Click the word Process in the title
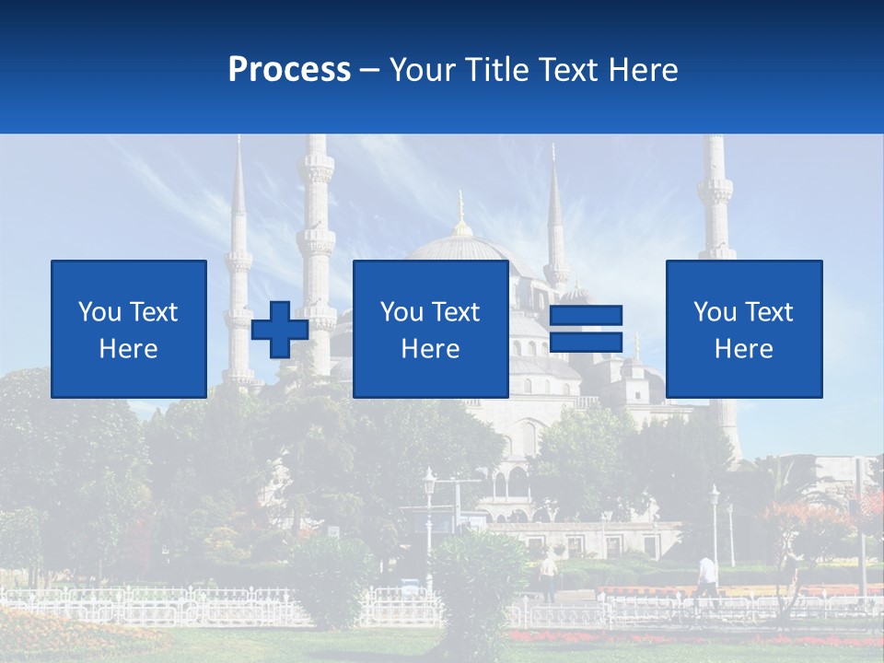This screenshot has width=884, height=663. [289, 70]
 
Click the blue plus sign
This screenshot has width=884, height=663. [280, 329]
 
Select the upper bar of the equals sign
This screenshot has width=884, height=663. [587, 315]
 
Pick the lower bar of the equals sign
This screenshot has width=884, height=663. [587, 342]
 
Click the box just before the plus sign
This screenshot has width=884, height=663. [129, 329]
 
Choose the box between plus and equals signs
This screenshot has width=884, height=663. [431, 329]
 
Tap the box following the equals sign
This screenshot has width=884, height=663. [744, 329]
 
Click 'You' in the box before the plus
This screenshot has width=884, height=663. [99, 312]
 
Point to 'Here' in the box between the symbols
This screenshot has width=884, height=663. [431, 349]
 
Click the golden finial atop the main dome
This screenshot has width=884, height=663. [461, 212]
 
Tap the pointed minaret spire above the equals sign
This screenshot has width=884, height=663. [554, 203]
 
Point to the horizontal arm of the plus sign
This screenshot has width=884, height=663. [280, 330]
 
